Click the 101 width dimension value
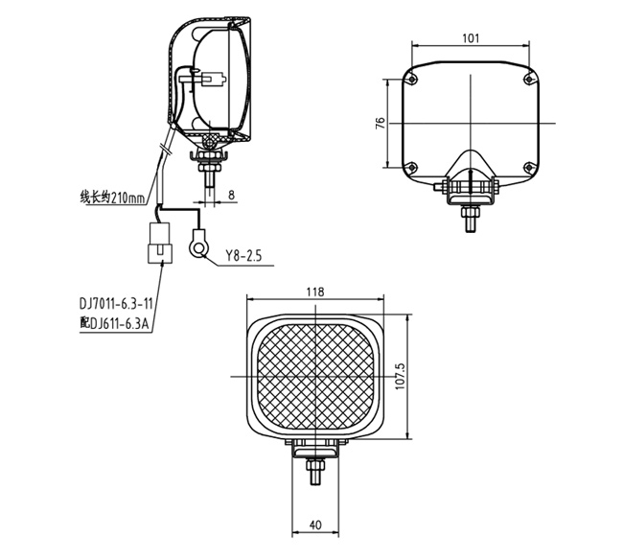pos(470,38)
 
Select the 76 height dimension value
pos(381,123)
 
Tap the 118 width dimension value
pos(315,291)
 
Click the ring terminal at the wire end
pos(197,245)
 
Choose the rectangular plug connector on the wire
pos(158,243)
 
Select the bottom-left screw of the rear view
pos(411,169)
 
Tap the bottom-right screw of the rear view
pos(529,169)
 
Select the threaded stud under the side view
pos(210,176)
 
